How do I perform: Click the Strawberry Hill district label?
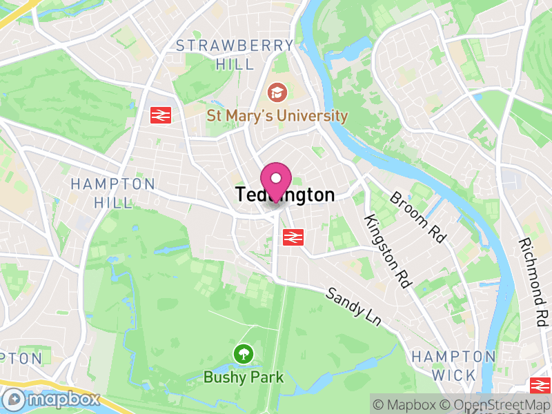point(235,55)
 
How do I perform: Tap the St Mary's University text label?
point(277,115)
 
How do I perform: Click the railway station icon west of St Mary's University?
point(161,115)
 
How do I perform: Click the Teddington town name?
point(285,195)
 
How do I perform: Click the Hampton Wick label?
point(453,366)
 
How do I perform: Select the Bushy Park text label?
point(244,377)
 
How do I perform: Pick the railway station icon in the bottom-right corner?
point(540,385)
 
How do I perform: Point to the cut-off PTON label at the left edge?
point(21,358)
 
